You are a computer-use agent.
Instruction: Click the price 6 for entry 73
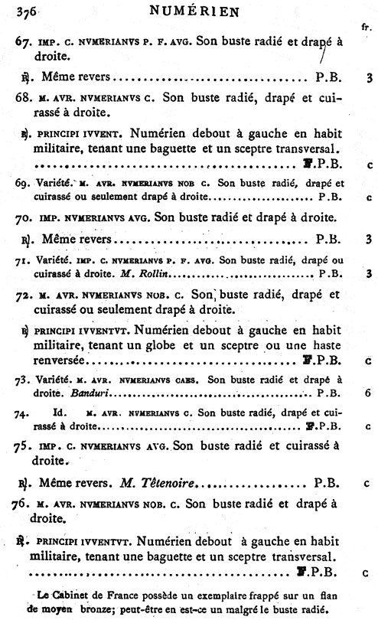coord(368,393)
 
